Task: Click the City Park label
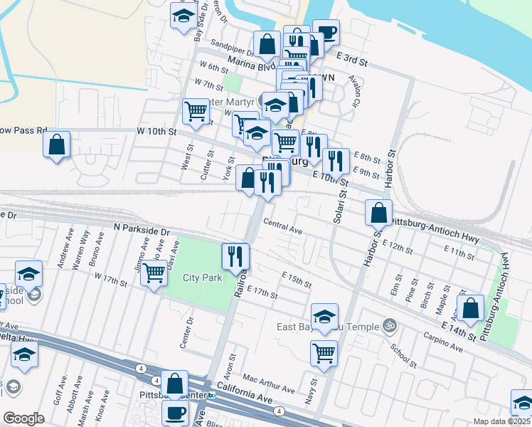coord(202,278)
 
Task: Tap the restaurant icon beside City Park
coord(235,257)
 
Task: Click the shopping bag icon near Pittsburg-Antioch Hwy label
coord(380,213)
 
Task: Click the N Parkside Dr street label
coord(142,232)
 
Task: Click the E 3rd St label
coord(351,60)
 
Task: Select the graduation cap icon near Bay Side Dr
coord(183,16)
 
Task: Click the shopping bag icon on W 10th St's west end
coord(56,144)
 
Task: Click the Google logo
coord(23,418)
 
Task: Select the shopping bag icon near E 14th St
coord(470,308)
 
